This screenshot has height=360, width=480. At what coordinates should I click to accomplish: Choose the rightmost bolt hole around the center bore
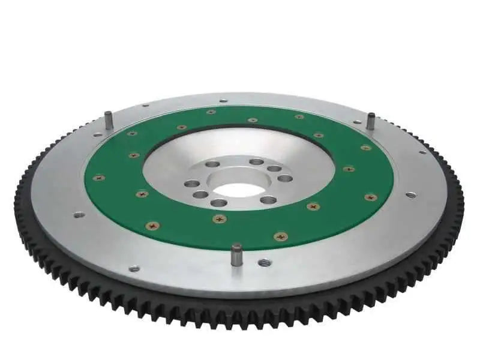pos(286,178)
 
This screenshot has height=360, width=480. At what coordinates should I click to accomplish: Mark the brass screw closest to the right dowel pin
pos(365,148)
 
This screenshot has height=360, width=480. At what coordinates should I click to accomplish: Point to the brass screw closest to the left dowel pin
pos(132,133)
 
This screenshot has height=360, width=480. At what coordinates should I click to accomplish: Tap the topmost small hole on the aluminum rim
pos(223,101)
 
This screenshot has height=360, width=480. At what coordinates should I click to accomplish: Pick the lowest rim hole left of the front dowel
pos(134,268)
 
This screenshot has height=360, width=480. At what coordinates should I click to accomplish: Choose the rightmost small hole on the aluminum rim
pos(410,194)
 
